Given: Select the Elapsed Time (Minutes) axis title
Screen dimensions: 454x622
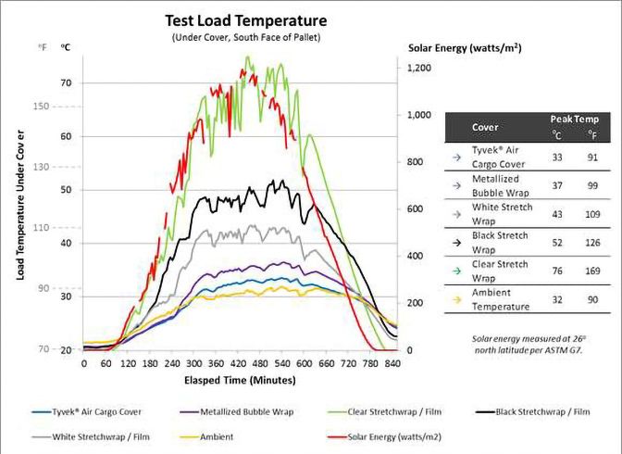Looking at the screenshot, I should point(240,380).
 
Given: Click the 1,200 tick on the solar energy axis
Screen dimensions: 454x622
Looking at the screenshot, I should point(418,69).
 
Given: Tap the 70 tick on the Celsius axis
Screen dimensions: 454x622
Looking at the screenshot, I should point(66,82).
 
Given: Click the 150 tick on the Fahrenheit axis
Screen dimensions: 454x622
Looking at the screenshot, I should point(40,107).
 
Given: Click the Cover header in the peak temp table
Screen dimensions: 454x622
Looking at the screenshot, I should point(485,127).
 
